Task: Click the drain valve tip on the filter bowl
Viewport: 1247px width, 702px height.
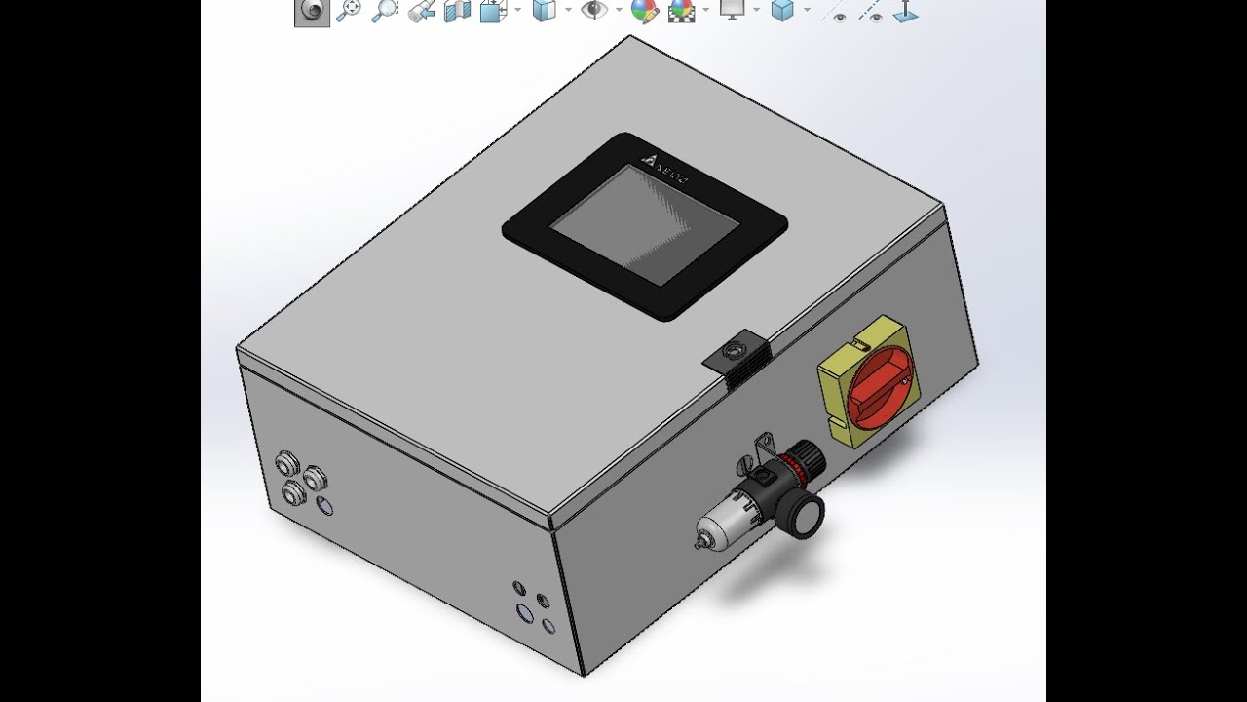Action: coord(699,539)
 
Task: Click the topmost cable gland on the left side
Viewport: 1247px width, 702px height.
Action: coord(286,460)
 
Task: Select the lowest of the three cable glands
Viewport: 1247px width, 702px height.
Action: coord(293,493)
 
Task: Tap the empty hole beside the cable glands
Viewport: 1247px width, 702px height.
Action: coord(325,506)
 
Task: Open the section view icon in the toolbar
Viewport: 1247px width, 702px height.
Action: coord(457,11)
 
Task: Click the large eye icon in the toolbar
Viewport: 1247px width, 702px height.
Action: coord(592,11)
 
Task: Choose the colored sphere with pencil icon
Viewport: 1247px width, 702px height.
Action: coord(643,11)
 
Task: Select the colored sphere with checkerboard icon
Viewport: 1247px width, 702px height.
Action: coord(681,11)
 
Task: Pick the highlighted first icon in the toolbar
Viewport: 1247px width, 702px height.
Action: coord(312,11)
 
